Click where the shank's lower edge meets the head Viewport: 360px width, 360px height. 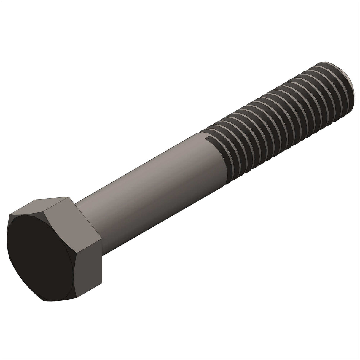[103, 254]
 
